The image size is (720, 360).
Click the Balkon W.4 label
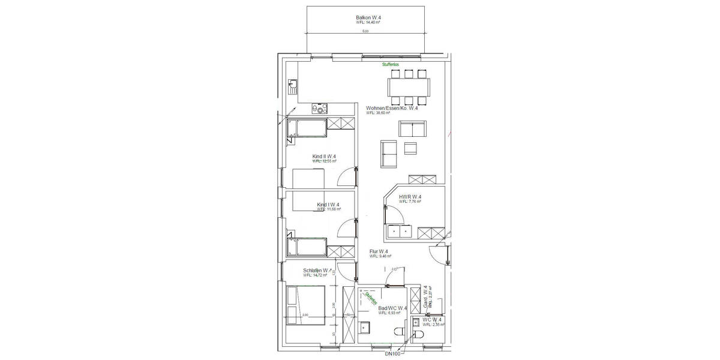coord(368,18)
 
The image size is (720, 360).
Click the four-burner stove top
coord(320,109)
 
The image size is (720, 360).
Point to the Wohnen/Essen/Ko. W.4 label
coord(392,108)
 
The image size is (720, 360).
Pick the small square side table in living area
coord(411,148)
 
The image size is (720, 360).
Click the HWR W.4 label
coord(410,197)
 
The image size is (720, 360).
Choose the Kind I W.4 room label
coord(328,205)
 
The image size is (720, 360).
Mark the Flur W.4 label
coord(379,251)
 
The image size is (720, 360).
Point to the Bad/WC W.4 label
coord(392,308)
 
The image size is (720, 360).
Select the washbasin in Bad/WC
coord(365,328)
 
